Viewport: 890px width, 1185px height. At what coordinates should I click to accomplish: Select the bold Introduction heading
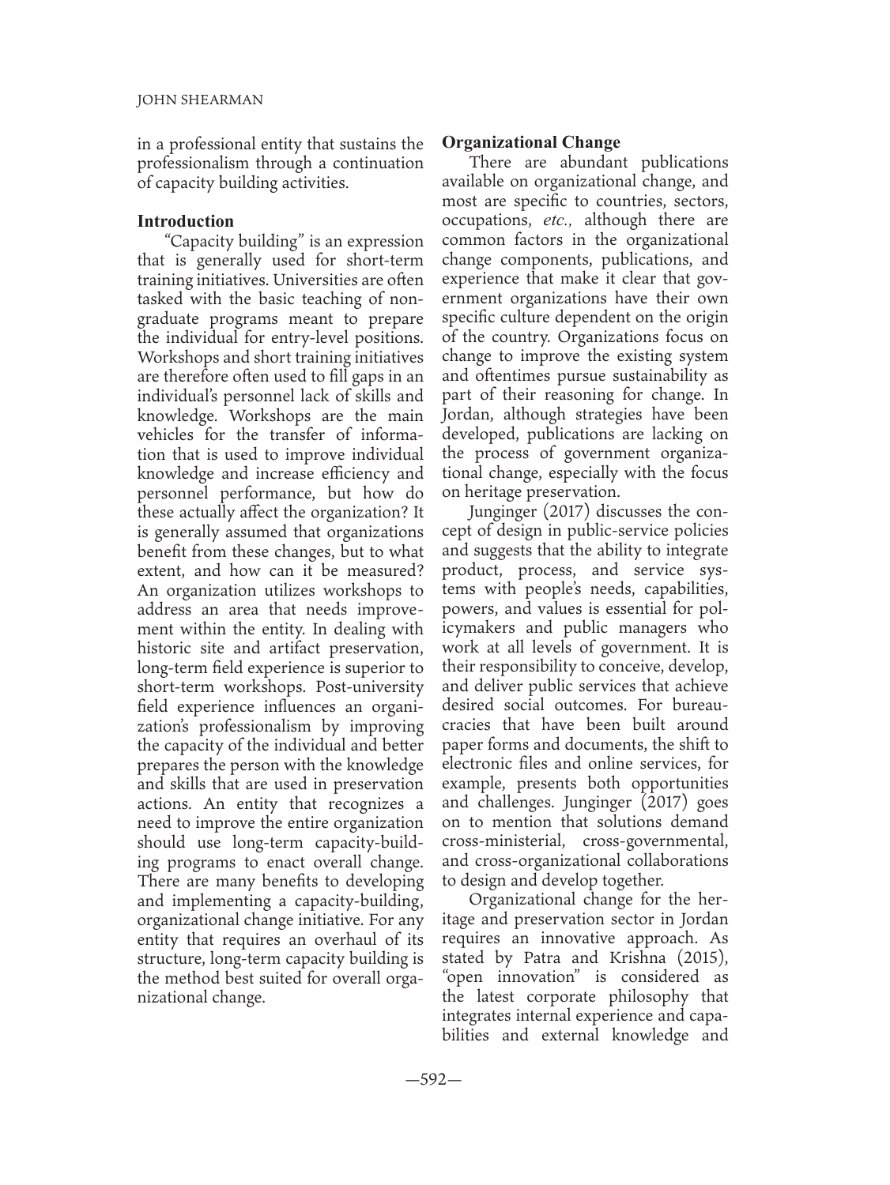point(185,221)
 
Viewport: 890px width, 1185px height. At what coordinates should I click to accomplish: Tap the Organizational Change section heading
point(531,143)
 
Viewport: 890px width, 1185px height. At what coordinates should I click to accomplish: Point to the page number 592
point(433,1078)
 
